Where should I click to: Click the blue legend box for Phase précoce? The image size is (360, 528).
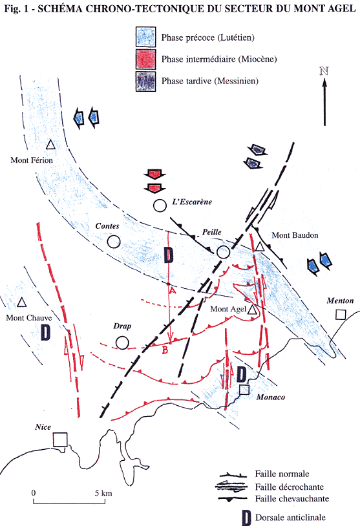tap(146, 37)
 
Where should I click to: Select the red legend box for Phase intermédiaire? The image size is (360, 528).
tap(146, 59)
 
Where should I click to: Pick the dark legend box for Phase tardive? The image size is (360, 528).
tap(146, 81)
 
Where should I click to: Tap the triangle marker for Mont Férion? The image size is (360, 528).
tap(50, 145)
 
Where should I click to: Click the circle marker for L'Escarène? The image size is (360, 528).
tap(160, 206)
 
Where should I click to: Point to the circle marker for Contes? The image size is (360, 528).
tap(114, 242)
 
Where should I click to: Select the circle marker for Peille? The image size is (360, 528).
tap(223, 252)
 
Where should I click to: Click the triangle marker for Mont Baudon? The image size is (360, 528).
tap(259, 247)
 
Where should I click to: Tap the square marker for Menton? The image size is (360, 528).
tap(341, 315)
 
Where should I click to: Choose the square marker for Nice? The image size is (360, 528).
tap(60, 439)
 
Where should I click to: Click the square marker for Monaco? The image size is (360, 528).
tap(244, 390)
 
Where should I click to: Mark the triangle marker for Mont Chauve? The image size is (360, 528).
tap(22, 302)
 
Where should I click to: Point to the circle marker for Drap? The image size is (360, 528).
tap(122, 343)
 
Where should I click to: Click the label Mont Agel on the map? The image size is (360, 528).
tap(228, 309)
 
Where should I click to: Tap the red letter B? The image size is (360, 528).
tap(165, 350)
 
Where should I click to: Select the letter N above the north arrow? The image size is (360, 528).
tap(324, 71)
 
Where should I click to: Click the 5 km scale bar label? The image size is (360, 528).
tap(103, 493)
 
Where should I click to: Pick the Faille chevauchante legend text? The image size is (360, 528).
tap(292, 498)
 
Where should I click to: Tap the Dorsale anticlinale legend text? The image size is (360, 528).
tap(290, 517)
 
